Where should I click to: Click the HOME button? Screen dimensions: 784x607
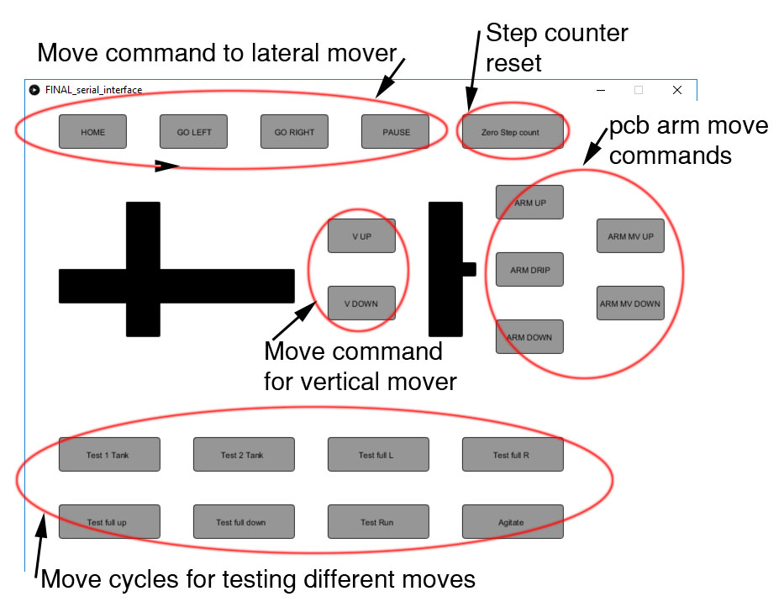[92, 132]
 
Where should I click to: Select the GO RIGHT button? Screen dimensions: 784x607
[294, 132]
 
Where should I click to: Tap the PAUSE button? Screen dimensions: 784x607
[395, 132]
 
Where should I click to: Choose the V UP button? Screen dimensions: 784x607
[361, 235]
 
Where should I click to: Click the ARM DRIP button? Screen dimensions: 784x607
[529, 269]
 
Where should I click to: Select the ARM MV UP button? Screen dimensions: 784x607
[630, 235]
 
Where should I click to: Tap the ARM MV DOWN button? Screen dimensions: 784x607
[630, 303]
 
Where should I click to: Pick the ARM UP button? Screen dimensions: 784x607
[529, 202]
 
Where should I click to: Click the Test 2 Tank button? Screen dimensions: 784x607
[244, 454]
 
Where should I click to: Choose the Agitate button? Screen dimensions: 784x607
[513, 521]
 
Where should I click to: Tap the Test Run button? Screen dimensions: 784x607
[378, 521]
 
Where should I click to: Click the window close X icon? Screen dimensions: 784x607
[677, 90]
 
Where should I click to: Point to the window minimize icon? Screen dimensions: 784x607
[601, 90]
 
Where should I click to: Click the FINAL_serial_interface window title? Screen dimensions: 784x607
[93, 90]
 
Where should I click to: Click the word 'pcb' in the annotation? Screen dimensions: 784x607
[629, 125]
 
